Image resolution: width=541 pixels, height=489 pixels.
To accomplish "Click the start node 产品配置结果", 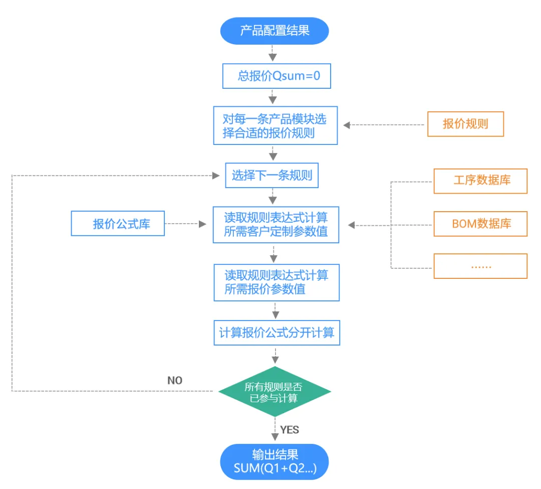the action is [275, 31].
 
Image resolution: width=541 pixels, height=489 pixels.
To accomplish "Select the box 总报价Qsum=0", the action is [277, 76].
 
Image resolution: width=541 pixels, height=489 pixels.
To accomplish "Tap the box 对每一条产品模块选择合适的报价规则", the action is [276, 125].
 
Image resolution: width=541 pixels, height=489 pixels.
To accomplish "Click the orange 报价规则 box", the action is [465, 124].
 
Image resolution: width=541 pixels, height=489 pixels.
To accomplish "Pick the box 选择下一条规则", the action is [272, 176].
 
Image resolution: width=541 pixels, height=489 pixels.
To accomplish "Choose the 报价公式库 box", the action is [118, 223].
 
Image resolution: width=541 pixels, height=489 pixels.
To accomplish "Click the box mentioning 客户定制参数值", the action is [276, 225].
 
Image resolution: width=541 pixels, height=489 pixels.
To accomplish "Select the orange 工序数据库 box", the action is [480, 181].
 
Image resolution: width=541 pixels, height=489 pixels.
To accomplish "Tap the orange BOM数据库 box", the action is [480, 224].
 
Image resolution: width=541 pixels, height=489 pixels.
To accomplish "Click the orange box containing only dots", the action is [480, 266].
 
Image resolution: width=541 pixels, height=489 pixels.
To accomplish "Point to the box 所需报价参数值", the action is [277, 282].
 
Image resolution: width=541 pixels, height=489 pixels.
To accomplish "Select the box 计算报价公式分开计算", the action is [277, 333].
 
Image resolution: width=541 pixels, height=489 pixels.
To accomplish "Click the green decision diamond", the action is [275, 392].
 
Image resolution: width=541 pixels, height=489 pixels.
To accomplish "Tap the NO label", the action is [175, 381].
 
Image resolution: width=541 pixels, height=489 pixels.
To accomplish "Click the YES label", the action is [290, 430].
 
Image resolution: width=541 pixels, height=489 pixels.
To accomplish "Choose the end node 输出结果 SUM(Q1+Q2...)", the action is [275, 462].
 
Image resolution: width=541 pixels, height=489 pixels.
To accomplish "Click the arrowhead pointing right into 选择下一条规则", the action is [216, 176].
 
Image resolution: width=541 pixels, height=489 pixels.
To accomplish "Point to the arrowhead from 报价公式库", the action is [202, 224].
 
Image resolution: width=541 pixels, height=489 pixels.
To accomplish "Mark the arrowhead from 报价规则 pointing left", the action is [347, 125].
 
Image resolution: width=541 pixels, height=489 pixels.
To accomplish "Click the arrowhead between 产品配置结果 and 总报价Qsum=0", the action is [273, 57].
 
